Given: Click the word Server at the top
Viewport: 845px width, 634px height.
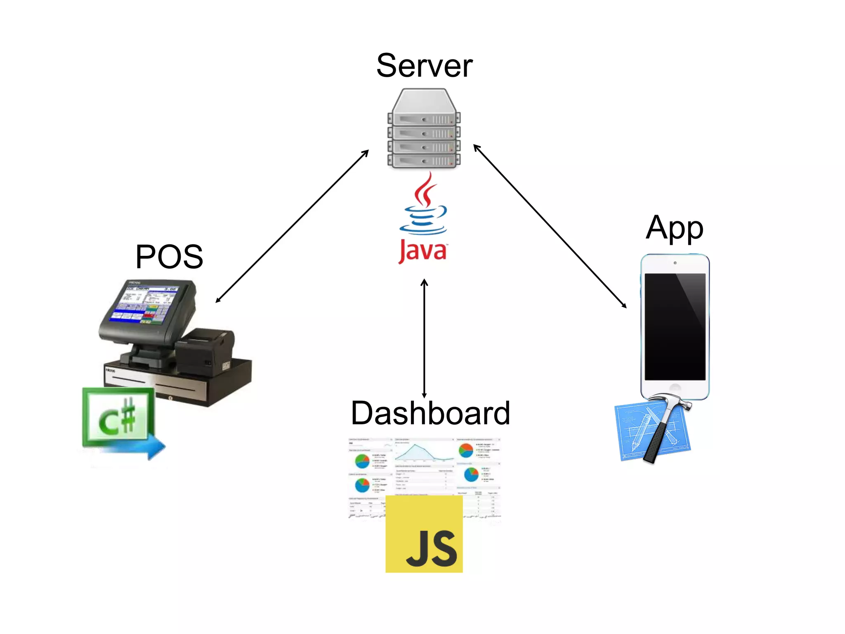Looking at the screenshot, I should (x=424, y=66).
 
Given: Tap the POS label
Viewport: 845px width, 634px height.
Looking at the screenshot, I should (x=169, y=257).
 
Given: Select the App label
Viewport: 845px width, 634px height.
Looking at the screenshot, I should (x=674, y=228).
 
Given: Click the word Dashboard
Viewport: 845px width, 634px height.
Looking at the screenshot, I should (x=430, y=413).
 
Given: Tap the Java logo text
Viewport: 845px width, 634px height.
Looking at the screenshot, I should (x=423, y=251).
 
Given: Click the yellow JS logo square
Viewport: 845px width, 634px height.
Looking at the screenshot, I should (x=424, y=534).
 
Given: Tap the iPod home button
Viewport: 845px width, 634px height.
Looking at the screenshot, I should (x=675, y=388).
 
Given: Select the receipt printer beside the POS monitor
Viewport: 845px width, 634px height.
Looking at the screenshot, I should (x=204, y=351).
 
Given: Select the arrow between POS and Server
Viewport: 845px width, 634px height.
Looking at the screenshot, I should (x=292, y=227).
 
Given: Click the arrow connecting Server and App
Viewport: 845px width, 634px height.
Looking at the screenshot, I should (x=550, y=226).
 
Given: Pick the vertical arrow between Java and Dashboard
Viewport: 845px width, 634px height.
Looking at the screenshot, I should (x=424, y=338).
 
